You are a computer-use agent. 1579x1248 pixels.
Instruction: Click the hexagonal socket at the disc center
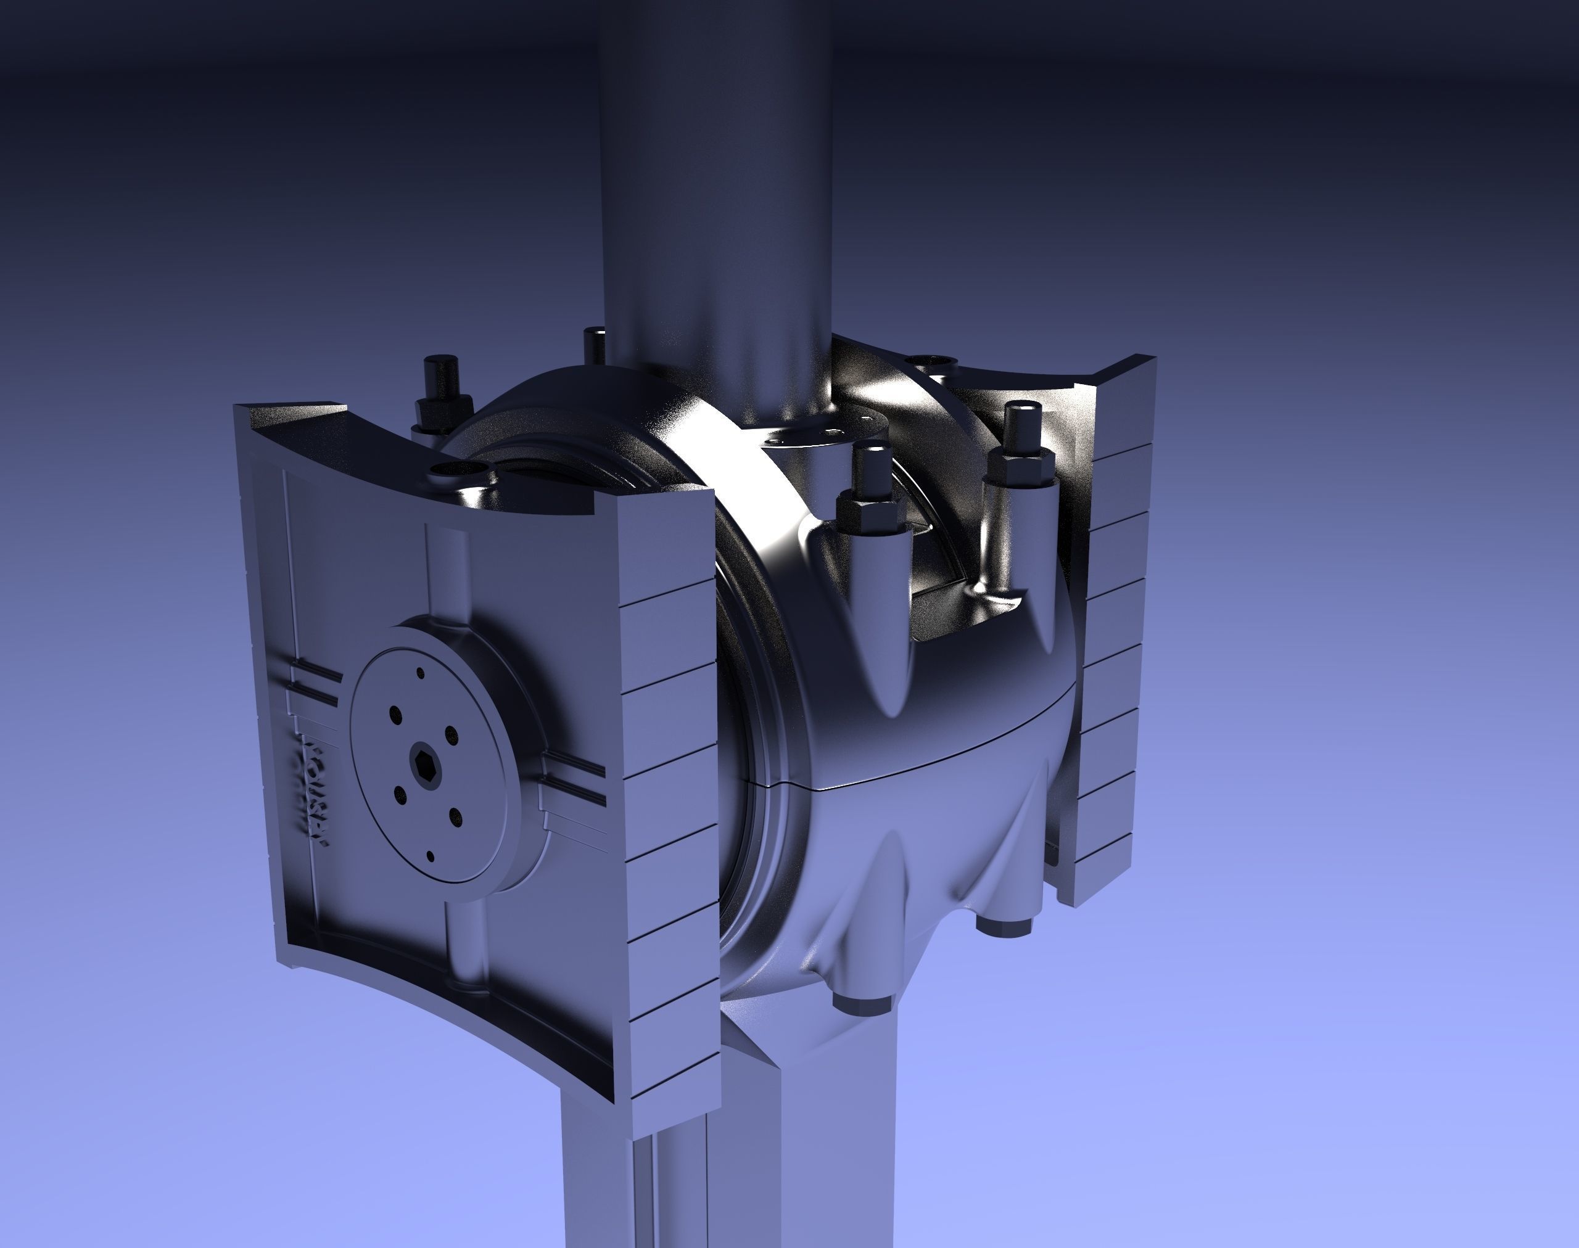click(423, 761)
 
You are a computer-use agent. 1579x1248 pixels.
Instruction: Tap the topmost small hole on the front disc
click(419, 673)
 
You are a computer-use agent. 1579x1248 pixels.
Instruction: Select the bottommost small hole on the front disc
click(430, 856)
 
